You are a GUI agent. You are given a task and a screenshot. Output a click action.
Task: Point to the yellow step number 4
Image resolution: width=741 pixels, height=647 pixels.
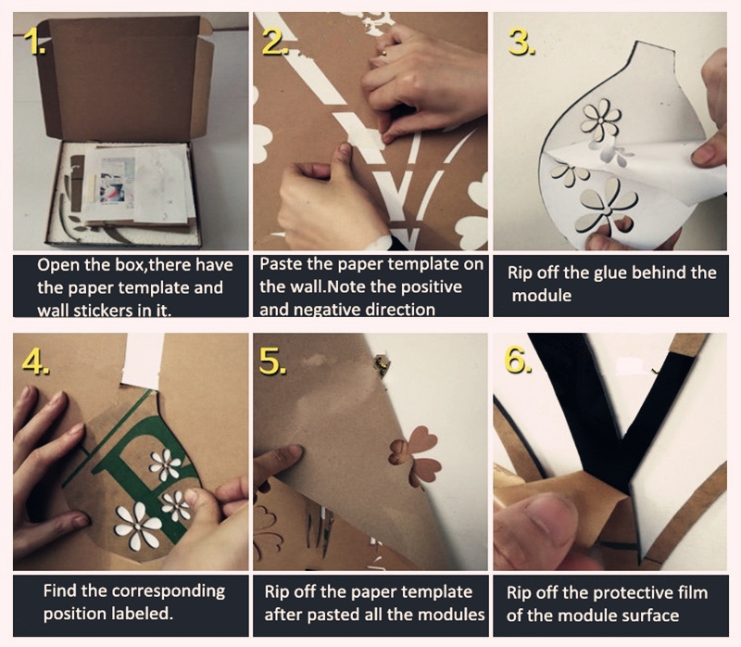coord(35,362)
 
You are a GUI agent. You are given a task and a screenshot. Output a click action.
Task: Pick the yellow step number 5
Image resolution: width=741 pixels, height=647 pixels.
coord(272,362)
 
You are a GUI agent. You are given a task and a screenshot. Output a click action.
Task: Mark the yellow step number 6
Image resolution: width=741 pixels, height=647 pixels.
coord(518,362)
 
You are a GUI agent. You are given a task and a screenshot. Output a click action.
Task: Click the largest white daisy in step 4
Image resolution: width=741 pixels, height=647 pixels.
coord(138,526)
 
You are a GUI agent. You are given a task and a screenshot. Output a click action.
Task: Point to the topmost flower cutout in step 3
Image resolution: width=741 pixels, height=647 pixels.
coord(600,120)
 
